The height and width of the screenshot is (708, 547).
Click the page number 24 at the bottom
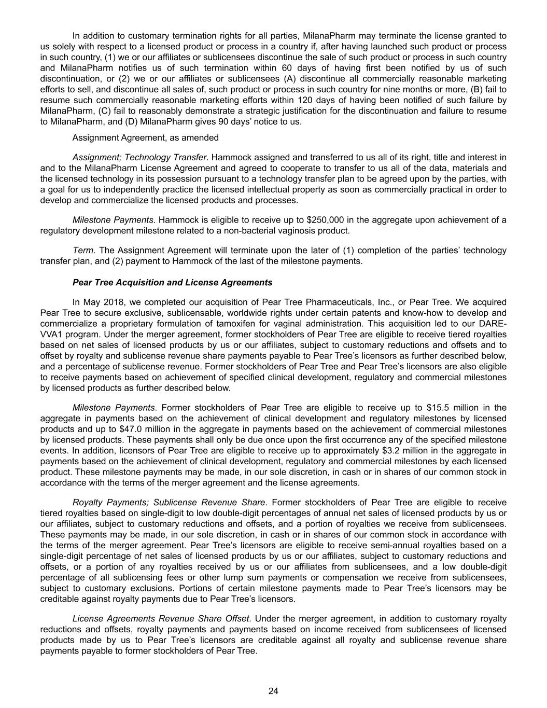(x=273, y=691)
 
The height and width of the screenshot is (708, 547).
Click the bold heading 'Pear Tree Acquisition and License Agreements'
(x=172, y=283)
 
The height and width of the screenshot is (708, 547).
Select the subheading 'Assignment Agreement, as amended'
(x=145, y=137)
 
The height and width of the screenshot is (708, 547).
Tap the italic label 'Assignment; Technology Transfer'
(x=139, y=157)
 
